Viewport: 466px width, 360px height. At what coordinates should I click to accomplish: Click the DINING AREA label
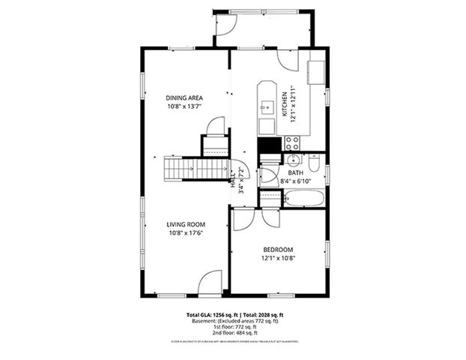[x=184, y=97]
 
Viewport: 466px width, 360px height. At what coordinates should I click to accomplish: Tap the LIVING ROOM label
[x=187, y=224]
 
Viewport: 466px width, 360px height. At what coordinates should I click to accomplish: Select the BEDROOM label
[x=277, y=250]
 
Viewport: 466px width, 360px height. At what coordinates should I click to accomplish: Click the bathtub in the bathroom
[x=303, y=199]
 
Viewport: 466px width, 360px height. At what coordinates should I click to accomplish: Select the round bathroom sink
[x=292, y=160]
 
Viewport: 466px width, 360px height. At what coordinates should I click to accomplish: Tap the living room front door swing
[x=211, y=283]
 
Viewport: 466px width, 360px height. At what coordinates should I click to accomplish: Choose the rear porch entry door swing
[x=226, y=25]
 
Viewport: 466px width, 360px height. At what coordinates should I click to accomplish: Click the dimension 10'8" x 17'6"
[x=187, y=233]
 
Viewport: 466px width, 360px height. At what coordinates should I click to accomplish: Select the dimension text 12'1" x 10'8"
[x=277, y=259]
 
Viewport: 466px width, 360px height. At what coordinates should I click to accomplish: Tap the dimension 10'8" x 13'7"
[x=184, y=106]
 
